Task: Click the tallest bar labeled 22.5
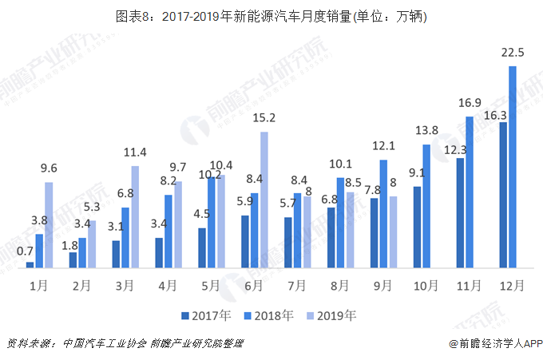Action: pos(512,167)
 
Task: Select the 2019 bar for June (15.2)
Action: pos(264,200)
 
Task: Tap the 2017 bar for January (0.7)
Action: pos(30,264)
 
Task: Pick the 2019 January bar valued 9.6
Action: pos(49,224)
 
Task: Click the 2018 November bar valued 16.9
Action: pos(470,192)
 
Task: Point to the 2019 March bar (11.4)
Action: pos(135,216)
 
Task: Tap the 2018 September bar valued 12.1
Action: pos(383,213)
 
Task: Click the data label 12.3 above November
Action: pos(455,149)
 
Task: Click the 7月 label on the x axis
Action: pos(296,284)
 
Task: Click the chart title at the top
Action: pos(271,16)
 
